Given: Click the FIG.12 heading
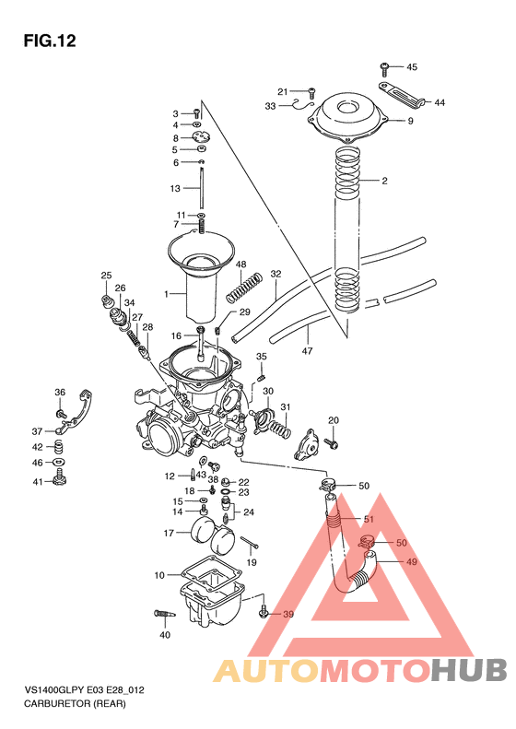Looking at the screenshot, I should pyautogui.click(x=49, y=40).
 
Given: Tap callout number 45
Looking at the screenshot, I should pyautogui.click(x=411, y=66).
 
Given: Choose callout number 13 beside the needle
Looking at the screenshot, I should pyautogui.click(x=175, y=188).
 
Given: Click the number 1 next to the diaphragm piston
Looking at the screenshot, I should pyautogui.click(x=167, y=294).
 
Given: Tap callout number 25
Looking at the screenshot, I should pyautogui.click(x=106, y=276).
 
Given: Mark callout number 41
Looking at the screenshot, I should pyautogui.click(x=38, y=482).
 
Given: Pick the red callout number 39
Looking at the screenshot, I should pyautogui.click(x=287, y=614).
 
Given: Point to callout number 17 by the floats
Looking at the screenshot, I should pyautogui.click(x=170, y=533).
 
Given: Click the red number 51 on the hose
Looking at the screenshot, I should pyautogui.click(x=368, y=520).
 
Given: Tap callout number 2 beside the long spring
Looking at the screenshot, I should pyautogui.click(x=385, y=181).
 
